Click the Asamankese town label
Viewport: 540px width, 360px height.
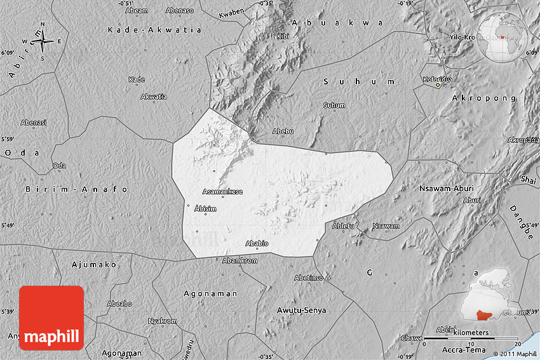tap(222, 191)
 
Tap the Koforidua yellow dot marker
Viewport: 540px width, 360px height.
tap(438, 85)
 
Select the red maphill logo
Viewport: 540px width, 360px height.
tap(51, 318)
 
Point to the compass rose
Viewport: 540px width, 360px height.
tap(43, 41)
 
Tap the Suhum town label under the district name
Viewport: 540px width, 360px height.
tap(334, 105)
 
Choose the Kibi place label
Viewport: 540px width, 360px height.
tap(283, 36)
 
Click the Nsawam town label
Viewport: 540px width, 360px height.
tap(386, 226)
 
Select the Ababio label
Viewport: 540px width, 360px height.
tap(257, 243)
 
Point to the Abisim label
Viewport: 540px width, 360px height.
tap(205, 209)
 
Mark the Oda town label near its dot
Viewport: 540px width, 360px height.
tap(59, 166)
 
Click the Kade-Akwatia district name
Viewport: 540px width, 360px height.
tap(154, 30)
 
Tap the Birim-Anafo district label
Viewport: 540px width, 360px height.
tap(77, 189)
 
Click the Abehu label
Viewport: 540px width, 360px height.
tap(283, 131)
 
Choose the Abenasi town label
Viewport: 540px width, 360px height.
tap(34, 123)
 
